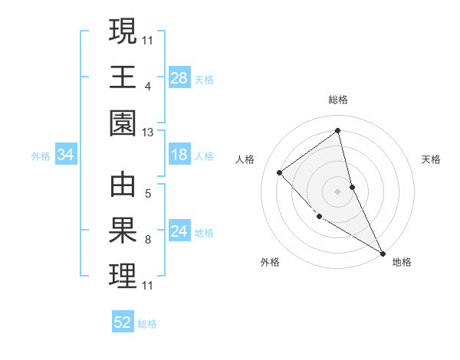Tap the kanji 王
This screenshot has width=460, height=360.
click(123, 77)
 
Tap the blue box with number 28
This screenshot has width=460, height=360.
click(179, 77)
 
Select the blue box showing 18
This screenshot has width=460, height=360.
click(179, 155)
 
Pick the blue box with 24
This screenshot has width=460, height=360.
click(179, 232)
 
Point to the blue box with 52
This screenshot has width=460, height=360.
click(123, 322)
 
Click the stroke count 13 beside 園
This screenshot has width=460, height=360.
click(148, 133)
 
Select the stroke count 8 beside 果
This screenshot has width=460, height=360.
click(148, 240)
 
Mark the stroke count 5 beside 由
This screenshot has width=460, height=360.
click(148, 193)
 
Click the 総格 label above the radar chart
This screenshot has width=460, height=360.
click(338, 100)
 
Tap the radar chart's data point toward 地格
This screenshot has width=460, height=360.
click(383, 254)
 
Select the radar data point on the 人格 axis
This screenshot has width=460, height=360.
click(280, 172)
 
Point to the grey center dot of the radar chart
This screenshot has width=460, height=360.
click(338, 191)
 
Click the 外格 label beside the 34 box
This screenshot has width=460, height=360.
click(41, 156)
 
